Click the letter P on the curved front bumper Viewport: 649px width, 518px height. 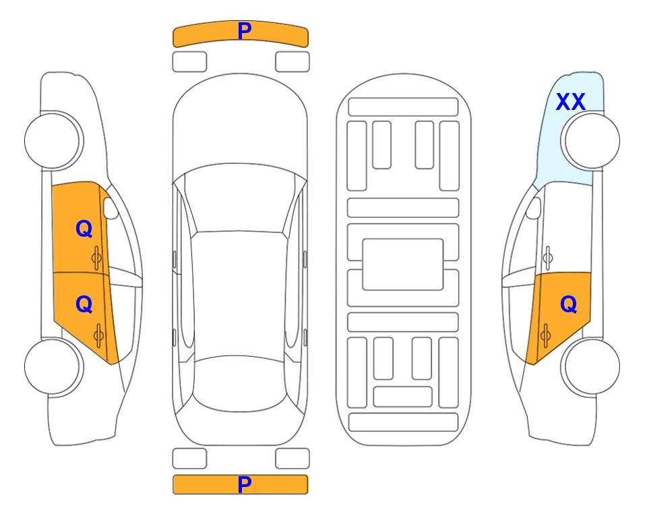coord(244,31)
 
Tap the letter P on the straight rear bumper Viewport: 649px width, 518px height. coord(244,484)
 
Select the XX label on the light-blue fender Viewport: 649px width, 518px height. coord(570,102)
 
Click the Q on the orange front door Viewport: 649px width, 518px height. coord(84,229)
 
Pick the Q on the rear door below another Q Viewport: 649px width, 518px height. coord(84,305)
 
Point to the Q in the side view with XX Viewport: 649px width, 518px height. coord(568,305)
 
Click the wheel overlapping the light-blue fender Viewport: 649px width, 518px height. coord(590,141)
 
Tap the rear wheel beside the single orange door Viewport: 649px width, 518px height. coord(590,366)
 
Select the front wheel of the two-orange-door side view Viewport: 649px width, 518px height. coord(54,141)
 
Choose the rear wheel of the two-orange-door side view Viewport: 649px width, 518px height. coord(54,366)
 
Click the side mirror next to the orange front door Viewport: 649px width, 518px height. coord(111,208)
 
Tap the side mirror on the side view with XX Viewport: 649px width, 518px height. coord(534,208)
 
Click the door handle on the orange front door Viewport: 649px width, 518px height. coord(96,258)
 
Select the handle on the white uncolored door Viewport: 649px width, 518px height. coord(548,258)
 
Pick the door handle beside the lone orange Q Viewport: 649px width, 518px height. coord(545,336)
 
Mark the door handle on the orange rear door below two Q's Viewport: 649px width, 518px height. coord(98,336)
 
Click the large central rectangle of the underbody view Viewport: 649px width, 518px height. coord(403,264)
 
